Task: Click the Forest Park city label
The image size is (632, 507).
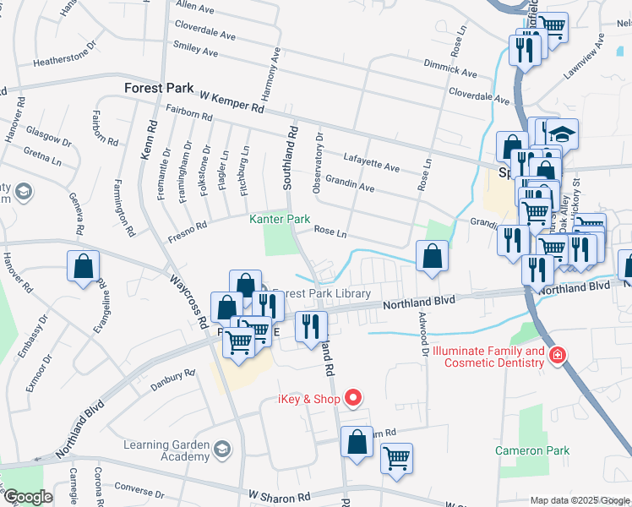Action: [x=159, y=88]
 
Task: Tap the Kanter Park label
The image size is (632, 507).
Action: [x=280, y=219]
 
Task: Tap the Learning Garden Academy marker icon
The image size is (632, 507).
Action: [x=221, y=448]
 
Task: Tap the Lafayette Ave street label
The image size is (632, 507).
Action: [x=372, y=163]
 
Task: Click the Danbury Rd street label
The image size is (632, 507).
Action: [x=173, y=379]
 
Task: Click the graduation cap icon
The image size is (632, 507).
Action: [x=563, y=134]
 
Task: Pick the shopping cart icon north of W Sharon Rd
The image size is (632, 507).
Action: [x=396, y=458]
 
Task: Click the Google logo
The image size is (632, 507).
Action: [x=29, y=497]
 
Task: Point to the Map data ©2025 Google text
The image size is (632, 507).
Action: [x=580, y=500]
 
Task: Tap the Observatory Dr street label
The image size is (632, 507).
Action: [x=318, y=162]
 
